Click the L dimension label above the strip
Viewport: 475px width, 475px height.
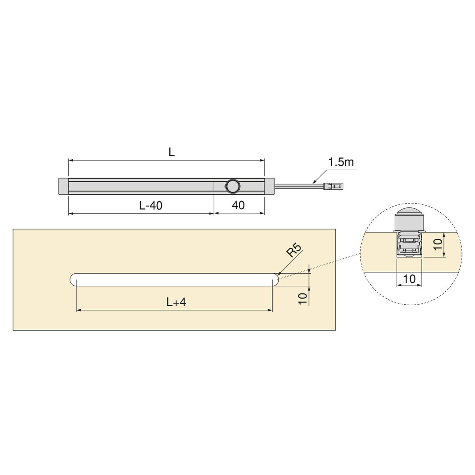click(x=171, y=152)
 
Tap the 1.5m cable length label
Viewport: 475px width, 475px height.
click(x=341, y=162)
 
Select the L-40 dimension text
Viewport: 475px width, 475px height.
click(x=151, y=205)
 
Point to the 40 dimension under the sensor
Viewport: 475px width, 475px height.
click(x=238, y=205)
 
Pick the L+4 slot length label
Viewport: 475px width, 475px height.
click(x=176, y=302)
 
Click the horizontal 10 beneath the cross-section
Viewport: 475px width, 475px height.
click(x=409, y=279)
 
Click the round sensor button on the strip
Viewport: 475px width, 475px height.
click(x=232, y=186)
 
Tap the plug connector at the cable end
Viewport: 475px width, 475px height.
click(x=334, y=186)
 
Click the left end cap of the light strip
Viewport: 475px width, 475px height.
click(x=63, y=186)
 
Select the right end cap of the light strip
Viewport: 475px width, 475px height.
click(x=270, y=186)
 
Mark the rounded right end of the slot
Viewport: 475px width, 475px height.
click(x=275, y=280)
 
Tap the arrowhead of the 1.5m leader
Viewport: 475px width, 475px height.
click(x=315, y=182)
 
